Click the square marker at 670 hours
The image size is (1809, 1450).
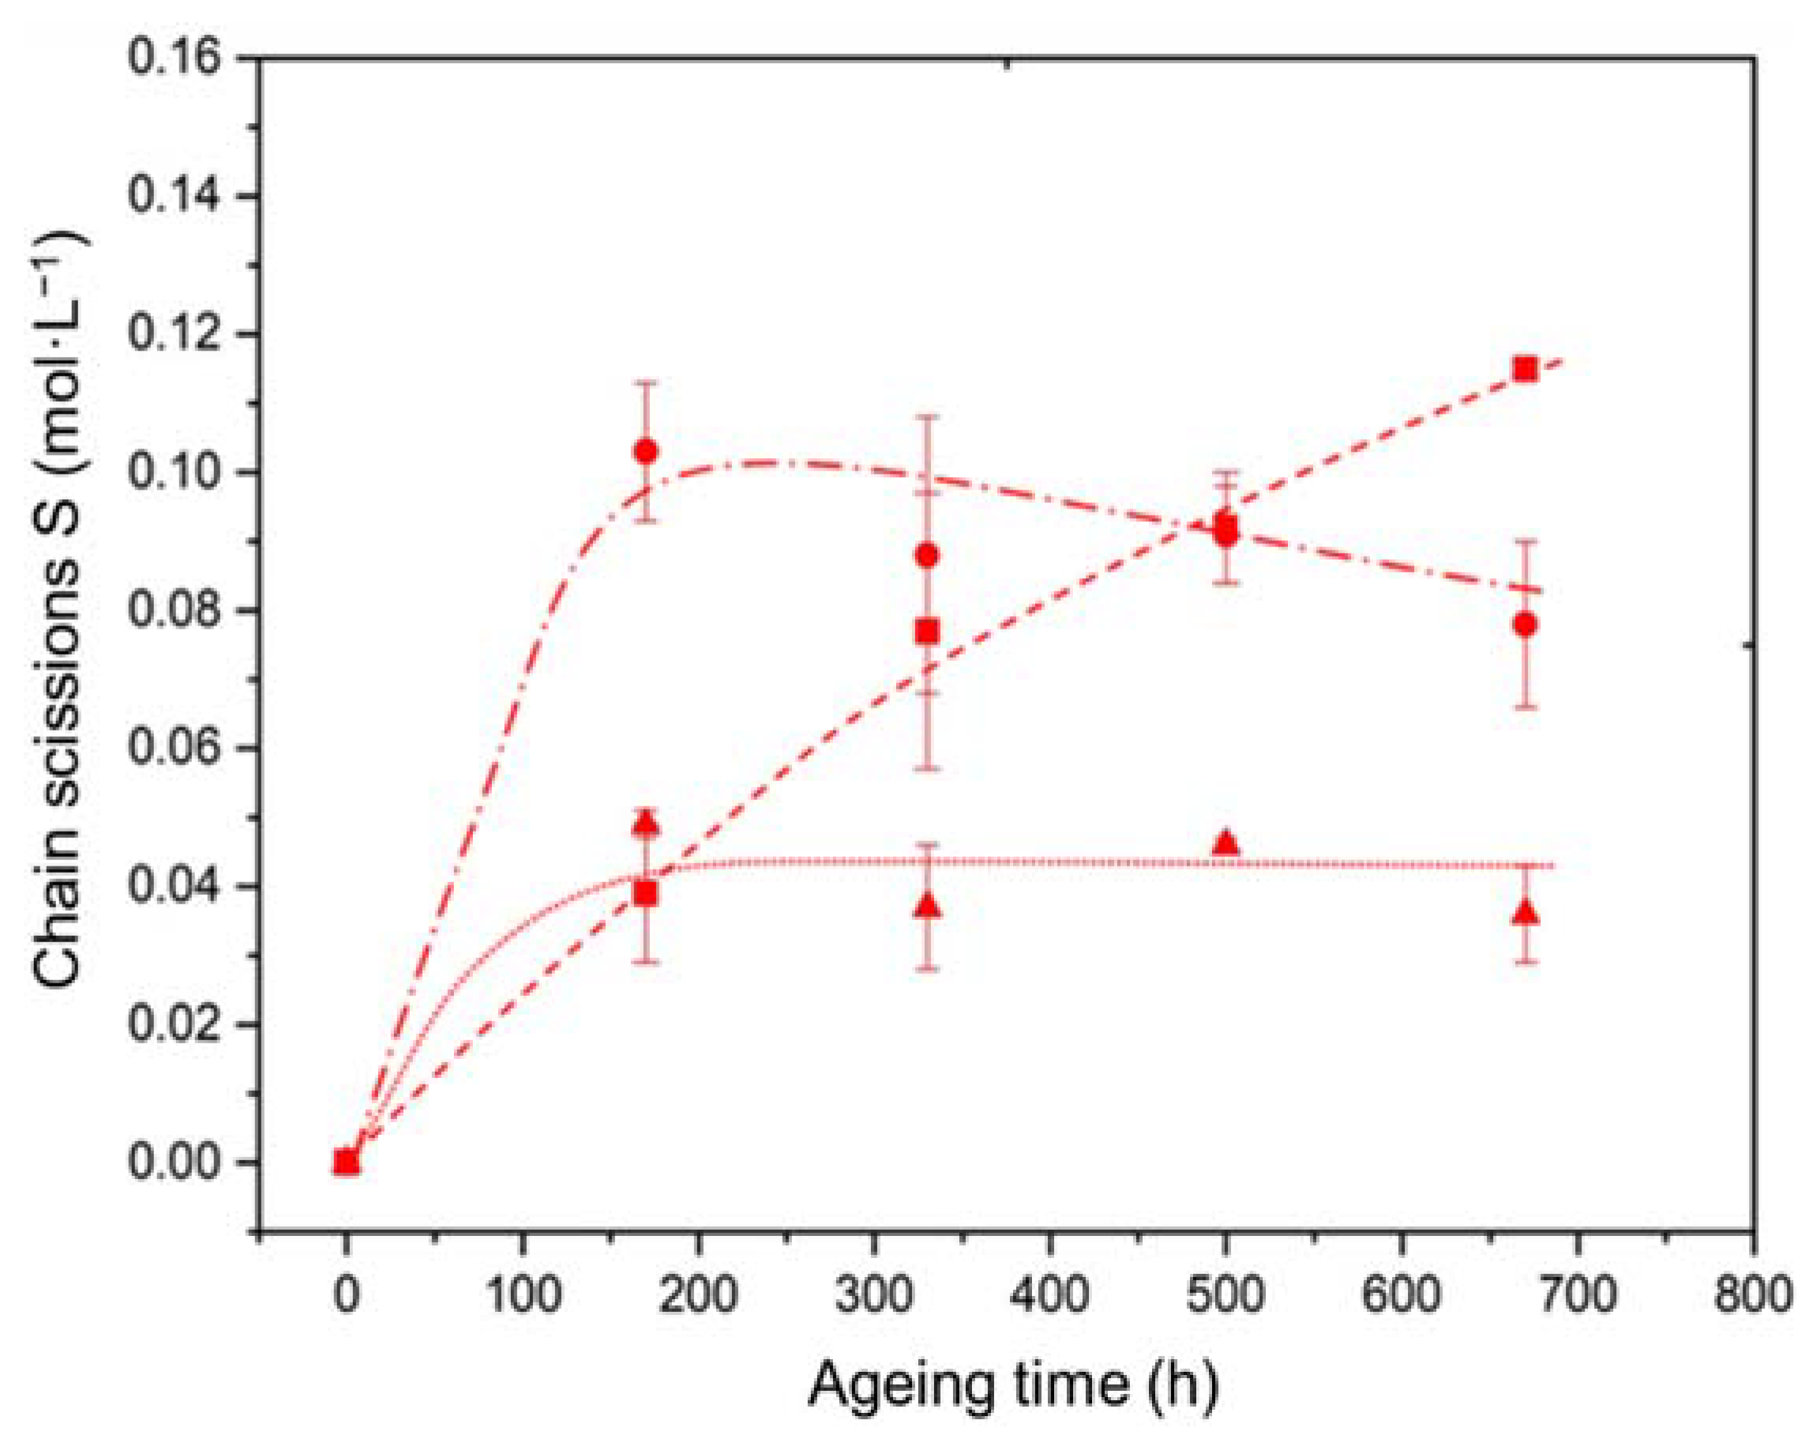pyautogui.click(x=1526, y=370)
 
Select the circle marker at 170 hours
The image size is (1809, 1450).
pyautogui.click(x=645, y=452)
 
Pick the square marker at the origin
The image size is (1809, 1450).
pyautogui.click(x=346, y=1163)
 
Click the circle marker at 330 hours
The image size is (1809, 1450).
pyautogui.click(x=927, y=555)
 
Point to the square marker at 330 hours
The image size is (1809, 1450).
pyautogui.click(x=927, y=631)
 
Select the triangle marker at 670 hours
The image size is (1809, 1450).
pyautogui.click(x=1526, y=913)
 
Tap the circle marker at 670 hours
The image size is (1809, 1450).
pyautogui.click(x=1526, y=624)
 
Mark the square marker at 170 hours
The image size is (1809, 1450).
pyautogui.click(x=645, y=894)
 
